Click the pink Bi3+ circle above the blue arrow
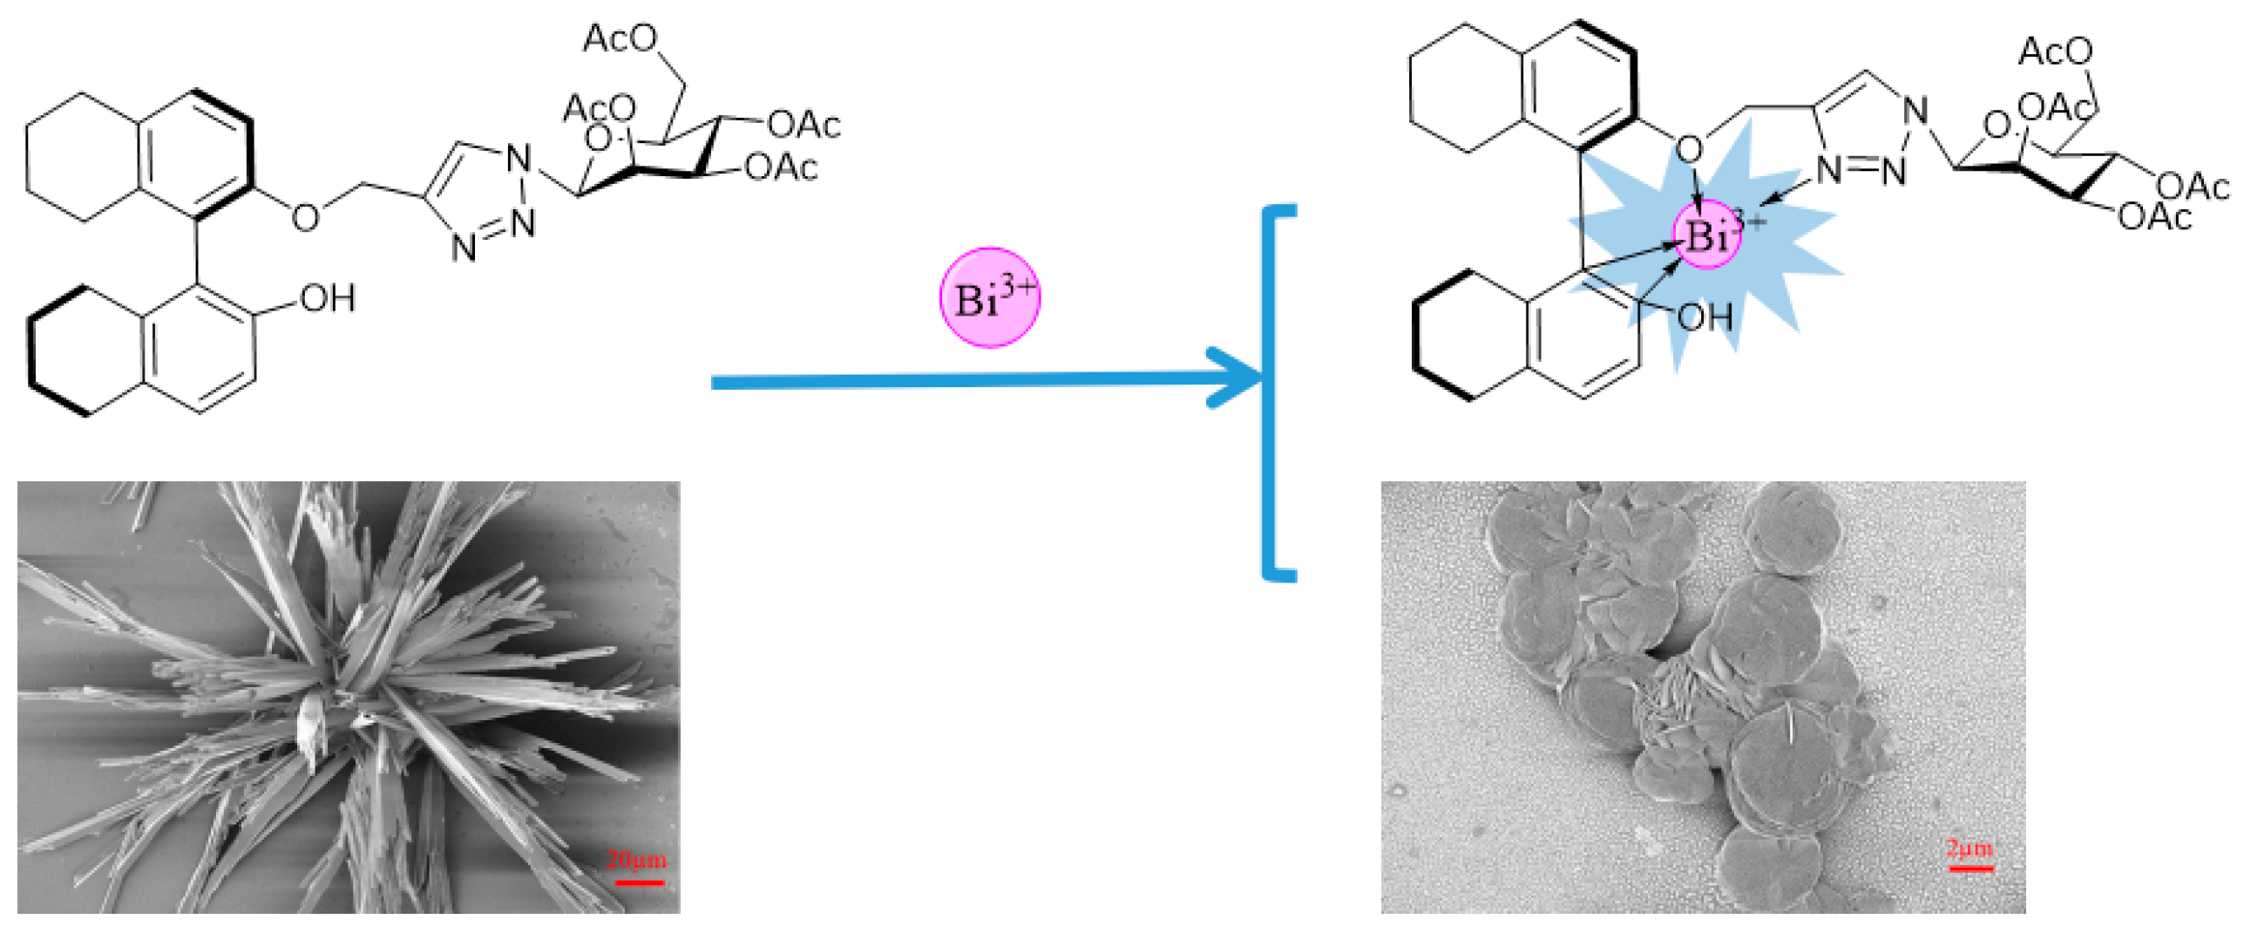[988, 297]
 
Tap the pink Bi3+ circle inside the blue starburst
[1706, 234]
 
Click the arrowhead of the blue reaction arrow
[1237, 377]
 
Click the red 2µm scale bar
[1969, 867]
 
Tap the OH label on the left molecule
[327, 298]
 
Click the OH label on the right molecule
[1705, 317]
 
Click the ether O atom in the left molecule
[305, 216]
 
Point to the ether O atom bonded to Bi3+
[1688, 149]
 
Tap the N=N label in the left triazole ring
[493, 236]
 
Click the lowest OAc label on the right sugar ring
[2154, 216]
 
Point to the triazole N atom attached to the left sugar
[519, 160]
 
